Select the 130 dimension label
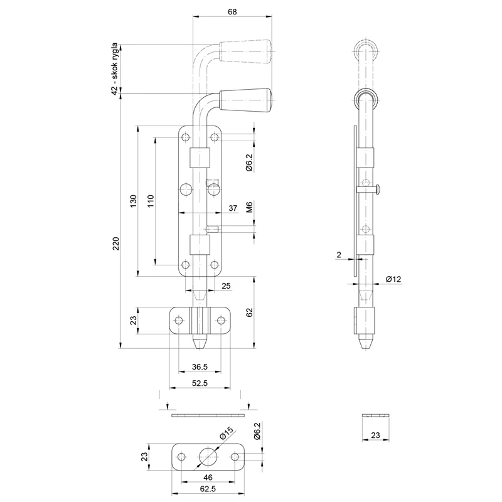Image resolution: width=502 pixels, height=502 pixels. click(132, 201)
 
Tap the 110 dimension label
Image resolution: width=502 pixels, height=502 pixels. click(151, 201)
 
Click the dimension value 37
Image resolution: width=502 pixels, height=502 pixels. click(232, 208)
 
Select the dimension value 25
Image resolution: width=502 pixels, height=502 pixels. click(227, 286)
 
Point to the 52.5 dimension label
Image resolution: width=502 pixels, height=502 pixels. click(200, 382)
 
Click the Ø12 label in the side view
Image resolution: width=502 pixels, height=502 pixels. click(394, 279)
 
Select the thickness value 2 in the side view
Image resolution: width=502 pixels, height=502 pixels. click(339, 255)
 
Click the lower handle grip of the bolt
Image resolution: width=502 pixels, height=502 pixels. click(245, 100)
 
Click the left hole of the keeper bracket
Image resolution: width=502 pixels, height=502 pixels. click(179, 321)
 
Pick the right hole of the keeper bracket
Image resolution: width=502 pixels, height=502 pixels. click(220, 321)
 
